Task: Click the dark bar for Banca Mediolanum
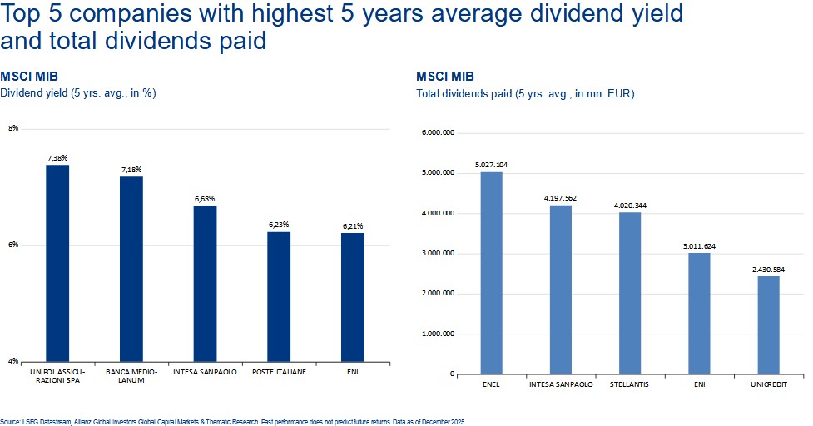click(x=131, y=269)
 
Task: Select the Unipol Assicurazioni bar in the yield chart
click(x=57, y=263)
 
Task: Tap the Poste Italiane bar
click(x=279, y=296)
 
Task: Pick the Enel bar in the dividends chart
click(x=491, y=273)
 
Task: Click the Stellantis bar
click(x=631, y=293)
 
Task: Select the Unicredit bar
click(x=770, y=325)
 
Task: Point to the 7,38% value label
click(x=57, y=157)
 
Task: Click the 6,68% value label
click(x=205, y=198)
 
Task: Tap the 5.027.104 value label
click(x=491, y=165)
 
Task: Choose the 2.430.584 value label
click(x=770, y=270)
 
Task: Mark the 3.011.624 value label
click(x=700, y=246)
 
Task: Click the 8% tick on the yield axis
click(x=13, y=128)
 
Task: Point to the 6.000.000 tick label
click(x=438, y=133)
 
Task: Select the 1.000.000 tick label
click(x=438, y=334)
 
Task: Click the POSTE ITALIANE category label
click(x=279, y=372)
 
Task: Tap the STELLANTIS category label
click(x=631, y=385)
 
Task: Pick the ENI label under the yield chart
click(x=352, y=372)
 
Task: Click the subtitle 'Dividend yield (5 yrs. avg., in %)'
click(x=78, y=93)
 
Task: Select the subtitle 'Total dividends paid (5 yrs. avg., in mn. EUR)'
click(x=525, y=94)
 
